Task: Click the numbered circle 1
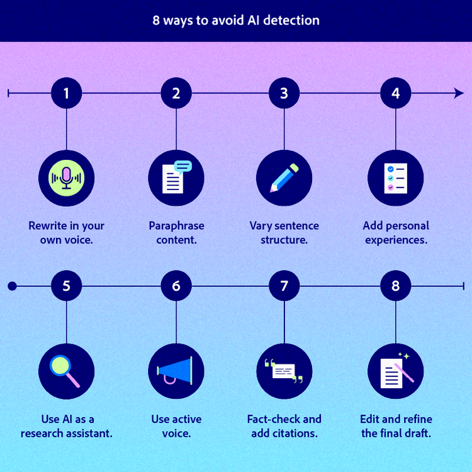click(66, 93)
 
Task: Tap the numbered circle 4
click(395, 93)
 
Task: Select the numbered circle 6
click(176, 286)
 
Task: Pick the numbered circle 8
click(395, 286)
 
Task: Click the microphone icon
click(66, 178)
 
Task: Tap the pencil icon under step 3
click(284, 178)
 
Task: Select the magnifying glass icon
click(66, 371)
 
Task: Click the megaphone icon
click(176, 371)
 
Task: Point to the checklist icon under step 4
click(395, 178)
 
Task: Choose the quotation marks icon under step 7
click(284, 371)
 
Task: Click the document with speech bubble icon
click(176, 178)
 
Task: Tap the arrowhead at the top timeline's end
click(459, 93)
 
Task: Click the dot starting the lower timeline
click(11, 286)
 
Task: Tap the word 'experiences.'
click(396, 240)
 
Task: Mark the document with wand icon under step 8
click(395, 371)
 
